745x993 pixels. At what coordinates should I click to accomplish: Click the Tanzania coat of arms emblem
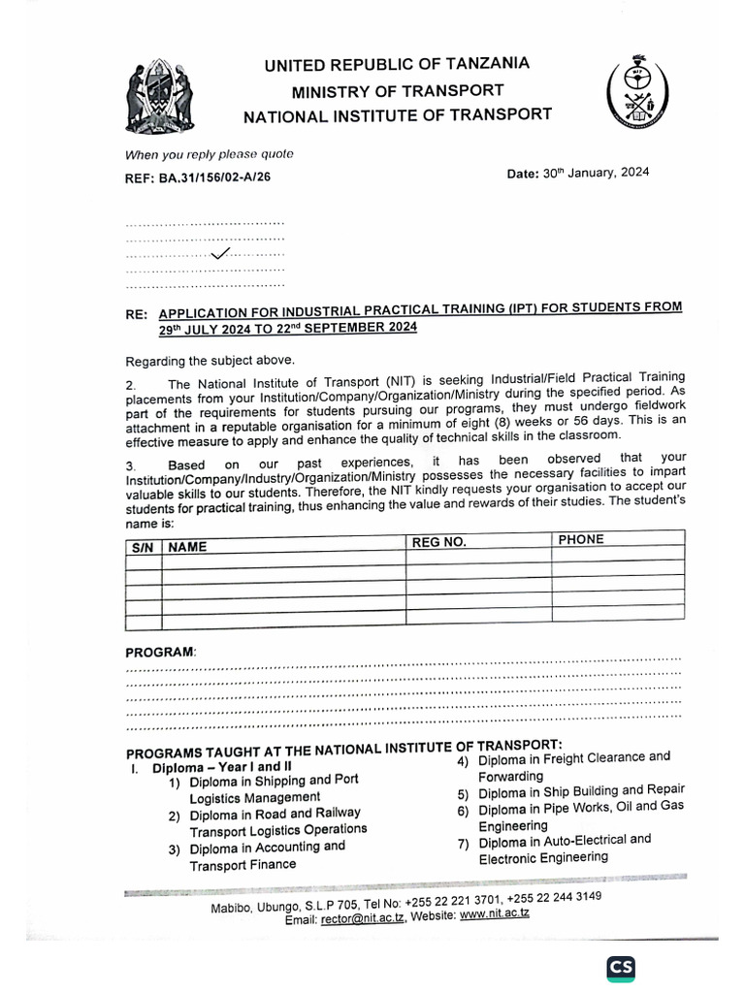click(x=157, y=98)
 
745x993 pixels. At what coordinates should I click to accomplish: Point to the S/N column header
click(x=143, y=547)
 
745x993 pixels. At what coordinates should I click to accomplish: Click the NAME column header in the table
click(x=188, y=547)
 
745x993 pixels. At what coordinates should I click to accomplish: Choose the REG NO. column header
click(x=439, y=542)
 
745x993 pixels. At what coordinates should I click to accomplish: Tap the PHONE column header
click(x=581, y=539)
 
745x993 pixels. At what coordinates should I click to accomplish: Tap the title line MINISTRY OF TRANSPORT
click(x=399, y=91)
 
